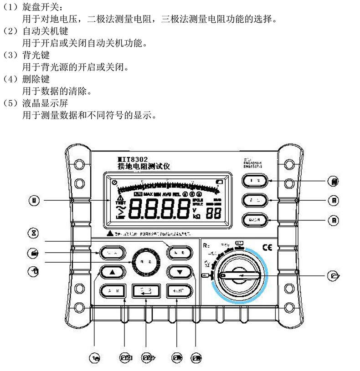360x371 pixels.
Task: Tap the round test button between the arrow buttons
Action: [x=145, y=261]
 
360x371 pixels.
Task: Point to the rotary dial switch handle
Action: [x=240, y=276]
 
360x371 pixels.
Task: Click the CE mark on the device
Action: [x=266, y=248]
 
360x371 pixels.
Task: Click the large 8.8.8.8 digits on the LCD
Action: [x=159, y=209]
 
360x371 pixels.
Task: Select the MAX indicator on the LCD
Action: [x=149, y=194]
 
